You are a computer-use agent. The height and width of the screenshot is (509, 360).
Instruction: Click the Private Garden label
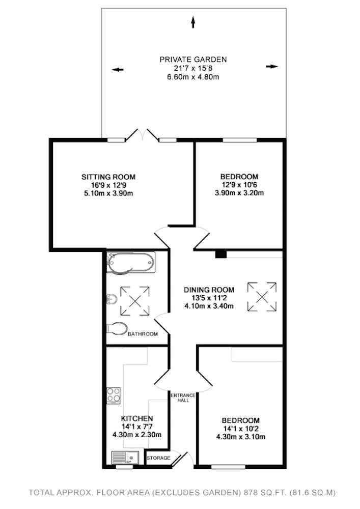pyautogui.click(x=193, y=60)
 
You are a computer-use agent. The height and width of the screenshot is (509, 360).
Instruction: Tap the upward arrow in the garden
pyautogui.click(x=193, y=22)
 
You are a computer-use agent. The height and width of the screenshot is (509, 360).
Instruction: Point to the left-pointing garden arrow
pyautogui.click(x=118, y=69)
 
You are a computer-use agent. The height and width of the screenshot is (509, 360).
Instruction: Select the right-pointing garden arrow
pyautogui.click(x=272, y=67)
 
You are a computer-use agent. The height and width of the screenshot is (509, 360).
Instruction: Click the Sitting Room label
pyautogui.click(x=108, y=177)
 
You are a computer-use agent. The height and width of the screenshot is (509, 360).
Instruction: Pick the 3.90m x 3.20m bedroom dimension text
pyautogui.click(x=239, y=193)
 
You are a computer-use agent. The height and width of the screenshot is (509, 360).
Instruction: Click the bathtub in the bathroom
pyautogui.click(x=131, y=263)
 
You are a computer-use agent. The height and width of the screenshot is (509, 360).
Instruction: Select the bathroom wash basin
pyautogui.click(x=112, y=299)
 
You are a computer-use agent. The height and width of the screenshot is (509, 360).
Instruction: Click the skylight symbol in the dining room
pyautogui.click(x=262, y=297)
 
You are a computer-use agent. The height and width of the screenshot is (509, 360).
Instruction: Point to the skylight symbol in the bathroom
pyautogui.click(x=135, y=301)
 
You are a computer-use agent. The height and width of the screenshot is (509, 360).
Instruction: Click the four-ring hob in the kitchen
pyautogui.click(x=114, y=395)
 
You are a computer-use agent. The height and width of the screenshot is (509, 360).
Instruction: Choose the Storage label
pyautogui.click(x=158, y=458)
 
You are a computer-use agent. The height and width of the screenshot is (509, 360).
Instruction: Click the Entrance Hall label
pyautogui.click(x=183, y=398)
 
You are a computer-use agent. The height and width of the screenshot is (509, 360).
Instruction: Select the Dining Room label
pyautogui.click(x=209, y=290)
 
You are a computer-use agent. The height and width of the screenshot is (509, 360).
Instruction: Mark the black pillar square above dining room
pyautogui.click(x=221, y=254)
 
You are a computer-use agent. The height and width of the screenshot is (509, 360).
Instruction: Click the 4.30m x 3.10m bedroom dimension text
pyautogui.click(x=240, y=437)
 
